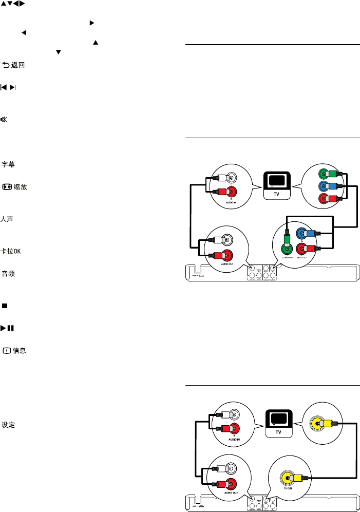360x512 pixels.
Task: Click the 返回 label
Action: click(19, 66)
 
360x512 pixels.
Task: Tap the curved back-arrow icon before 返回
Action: click(7, 66)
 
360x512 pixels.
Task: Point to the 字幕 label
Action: click(8, 164)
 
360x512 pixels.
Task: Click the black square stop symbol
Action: click(4, 306)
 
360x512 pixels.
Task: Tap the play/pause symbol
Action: click(7, 328)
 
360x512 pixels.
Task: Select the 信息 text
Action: click(20, 351)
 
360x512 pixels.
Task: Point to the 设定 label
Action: click(8, 425)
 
